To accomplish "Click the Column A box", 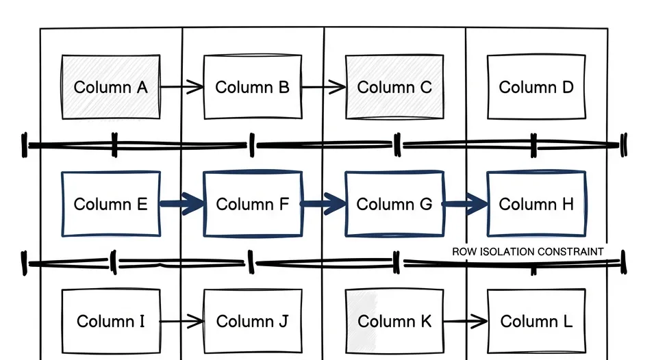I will pyautogui.click(x=110, y=87).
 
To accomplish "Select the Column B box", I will pyautogui.click(x=252, y=87).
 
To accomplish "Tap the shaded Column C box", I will pyautogui.click(x=394, y=87).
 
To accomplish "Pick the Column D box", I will pyautogui.click(x=536, y=87).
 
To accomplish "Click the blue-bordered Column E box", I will pyautogui.click(x=110, y=204).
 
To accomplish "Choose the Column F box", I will pyautogui.click(x=252, y=204).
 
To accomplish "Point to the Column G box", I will pyautogui.click(x=394, y=204).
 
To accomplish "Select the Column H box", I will pyautogui.click(x=536, y=204).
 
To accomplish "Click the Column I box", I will pyautogui.click(x=110, y=321).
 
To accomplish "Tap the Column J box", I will pyautogui.click(x=252, y=321).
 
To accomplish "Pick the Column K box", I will pyautogui.click(x=394, y=321).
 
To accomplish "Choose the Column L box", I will pyautogui.click(x=536, y=321).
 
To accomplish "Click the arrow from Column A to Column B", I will pyautogui.click(x=182, y=87).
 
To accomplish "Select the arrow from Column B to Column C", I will pyautogui.click(x=323, y=87).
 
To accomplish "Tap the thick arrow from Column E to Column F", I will pyautogui.click(x=182, y=204).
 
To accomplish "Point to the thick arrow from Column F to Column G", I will pyautogui.click(x=323, y=203).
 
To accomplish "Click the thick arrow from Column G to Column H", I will pyautogui.click(x=465, y=203).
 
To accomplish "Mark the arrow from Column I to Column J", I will pyautogui.click(x=182, y=321).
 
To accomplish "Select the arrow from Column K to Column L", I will pyautogui.click(x=465, y=321).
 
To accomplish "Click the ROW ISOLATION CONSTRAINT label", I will pyautogui.click(x=528, y=251).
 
